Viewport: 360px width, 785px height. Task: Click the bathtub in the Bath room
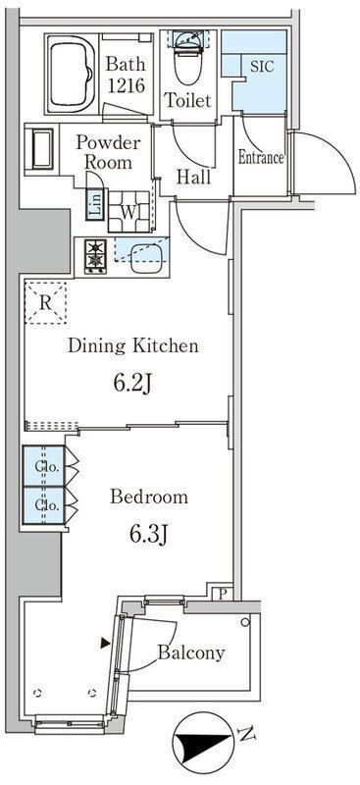click(71, 74)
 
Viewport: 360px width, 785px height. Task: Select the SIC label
click(262, 67)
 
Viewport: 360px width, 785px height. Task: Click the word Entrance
click(260, 158)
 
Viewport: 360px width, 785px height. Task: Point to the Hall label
click(193, 177)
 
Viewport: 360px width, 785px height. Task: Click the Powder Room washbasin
click(42, 149)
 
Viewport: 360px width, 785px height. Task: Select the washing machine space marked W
click(129, 212)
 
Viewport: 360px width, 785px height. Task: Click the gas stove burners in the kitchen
click(94, 256)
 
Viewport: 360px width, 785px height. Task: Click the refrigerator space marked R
click(45, 302)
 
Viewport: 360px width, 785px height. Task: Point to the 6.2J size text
click(132, 384)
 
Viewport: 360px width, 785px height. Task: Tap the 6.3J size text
click(148, 535)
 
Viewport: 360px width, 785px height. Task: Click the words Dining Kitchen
click(133, 345)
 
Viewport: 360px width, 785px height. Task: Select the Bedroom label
click(149, 497)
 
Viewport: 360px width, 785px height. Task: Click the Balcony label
click(191, 653)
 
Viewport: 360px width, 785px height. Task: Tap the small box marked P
click(223, 594)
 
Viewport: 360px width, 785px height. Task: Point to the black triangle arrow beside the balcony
click(105, 643)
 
